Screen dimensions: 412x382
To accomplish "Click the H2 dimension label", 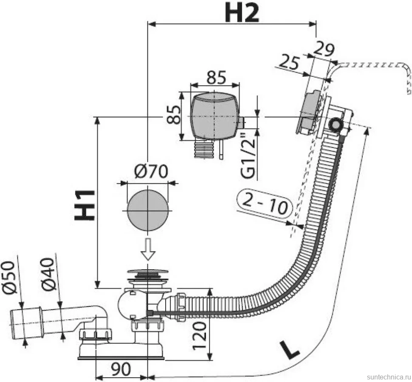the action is [x=242, y=13].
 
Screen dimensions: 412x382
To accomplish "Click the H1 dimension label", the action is [x=84, y=205].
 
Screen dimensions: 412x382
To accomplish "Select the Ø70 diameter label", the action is [x=151, y=172].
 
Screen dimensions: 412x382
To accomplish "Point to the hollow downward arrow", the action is [x=148, y=249].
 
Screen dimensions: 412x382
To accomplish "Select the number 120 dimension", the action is [x=200, y=336].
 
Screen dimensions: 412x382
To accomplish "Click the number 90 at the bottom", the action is [x=121, y=369].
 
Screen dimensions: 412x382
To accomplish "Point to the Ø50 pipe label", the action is [x=9, y=276].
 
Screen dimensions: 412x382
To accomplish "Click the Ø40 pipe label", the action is [x=48, y=274].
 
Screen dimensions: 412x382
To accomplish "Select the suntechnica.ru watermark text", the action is [x=389, y=377].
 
